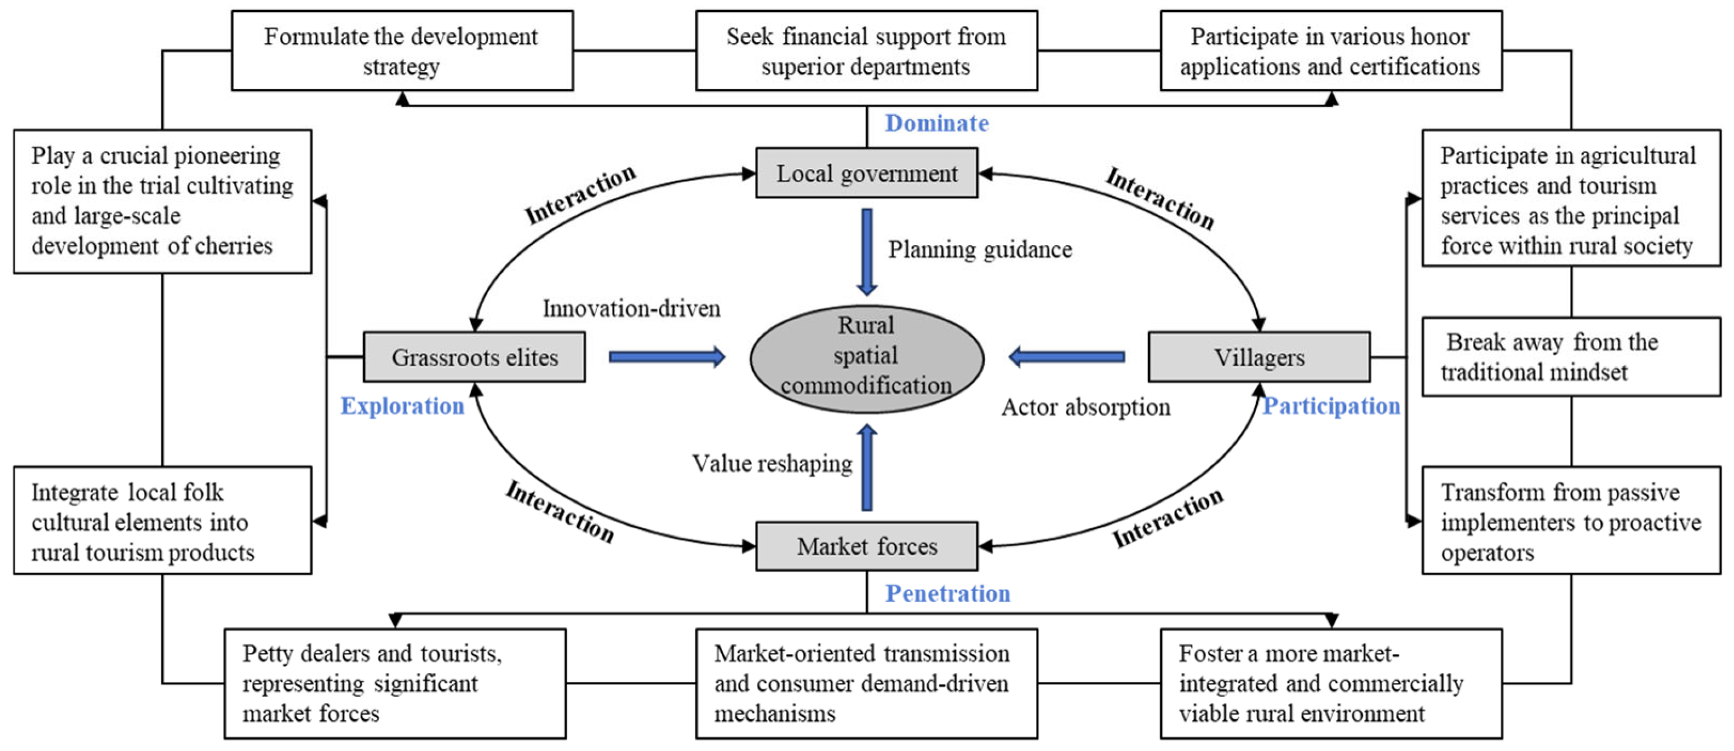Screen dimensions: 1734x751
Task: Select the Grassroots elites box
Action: (x=475, y=357)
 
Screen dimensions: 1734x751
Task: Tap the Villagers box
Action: (x=1259, y=357)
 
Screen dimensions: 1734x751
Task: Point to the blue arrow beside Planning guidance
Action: (x=867, y=252)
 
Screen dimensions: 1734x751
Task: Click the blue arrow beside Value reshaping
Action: (x=867, y=467)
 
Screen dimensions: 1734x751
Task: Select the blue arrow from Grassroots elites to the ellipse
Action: (x=667, y=357)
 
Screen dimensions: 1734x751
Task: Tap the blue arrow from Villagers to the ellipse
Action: (x=1067, y=357)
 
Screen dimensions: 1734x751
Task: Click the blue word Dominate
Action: (x=937, y=123)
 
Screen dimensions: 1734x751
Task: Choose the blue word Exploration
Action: (x=402, y=406)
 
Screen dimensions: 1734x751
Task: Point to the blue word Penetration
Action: (x=947, y=593)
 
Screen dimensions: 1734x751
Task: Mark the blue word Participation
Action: (x=1331, y=406)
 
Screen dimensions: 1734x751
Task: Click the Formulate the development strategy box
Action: (x=402, y=50)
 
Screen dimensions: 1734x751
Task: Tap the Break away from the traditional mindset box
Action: (x=1571, y=357)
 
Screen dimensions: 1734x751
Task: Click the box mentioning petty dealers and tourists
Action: (x=395, y=684)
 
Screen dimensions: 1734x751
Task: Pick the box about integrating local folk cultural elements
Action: (x=162, y=520)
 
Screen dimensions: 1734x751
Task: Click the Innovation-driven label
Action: (x=631, y=308)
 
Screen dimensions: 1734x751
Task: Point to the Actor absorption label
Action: (x=1086, y=407)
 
